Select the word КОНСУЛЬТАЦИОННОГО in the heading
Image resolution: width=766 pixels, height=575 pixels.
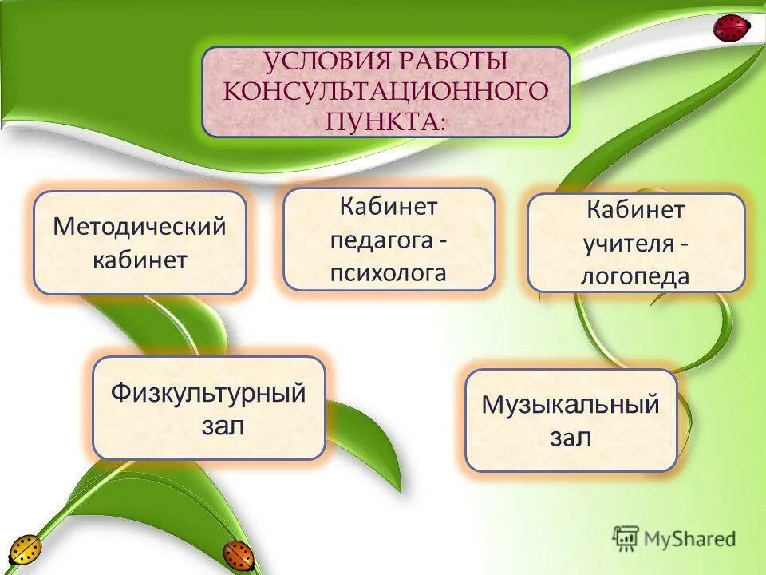point(386,91)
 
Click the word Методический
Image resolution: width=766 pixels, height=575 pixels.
point(140,226)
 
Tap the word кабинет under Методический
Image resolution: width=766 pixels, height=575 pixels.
point(140,260)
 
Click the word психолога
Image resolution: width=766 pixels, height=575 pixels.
point(389,272)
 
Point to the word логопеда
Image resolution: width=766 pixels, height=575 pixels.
point(635,276)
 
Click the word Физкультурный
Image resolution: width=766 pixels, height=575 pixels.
point(208,393)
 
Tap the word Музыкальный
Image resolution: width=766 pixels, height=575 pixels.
point(571,404)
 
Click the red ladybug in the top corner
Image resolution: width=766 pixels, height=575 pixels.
point(731,28)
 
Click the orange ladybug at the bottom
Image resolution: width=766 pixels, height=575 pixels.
point(238,554)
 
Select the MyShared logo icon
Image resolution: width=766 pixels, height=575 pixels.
point(626,538)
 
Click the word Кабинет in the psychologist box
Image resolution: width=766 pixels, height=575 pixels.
point(389,207)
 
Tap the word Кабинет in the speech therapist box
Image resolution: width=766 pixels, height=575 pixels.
point(635,210)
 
